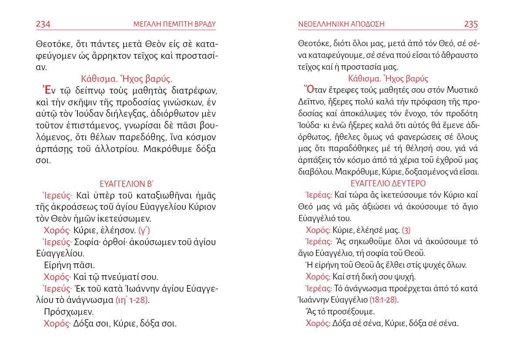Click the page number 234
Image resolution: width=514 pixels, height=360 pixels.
(43, 24)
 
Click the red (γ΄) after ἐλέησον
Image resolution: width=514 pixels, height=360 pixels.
(144, 230)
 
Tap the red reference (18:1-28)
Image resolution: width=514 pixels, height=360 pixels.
(383, 300)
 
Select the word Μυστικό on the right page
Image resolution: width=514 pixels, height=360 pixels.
(462, 91)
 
